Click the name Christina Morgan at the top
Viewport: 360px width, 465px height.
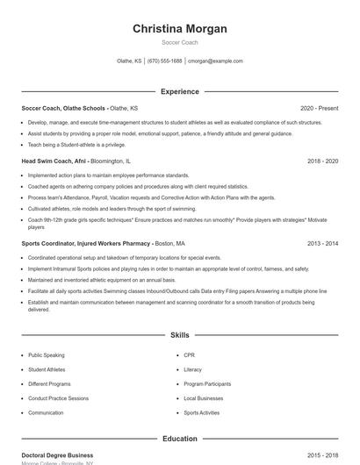pos(180,29)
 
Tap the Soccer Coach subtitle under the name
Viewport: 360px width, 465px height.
pos(180,43)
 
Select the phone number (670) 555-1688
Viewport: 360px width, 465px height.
pos(165,61)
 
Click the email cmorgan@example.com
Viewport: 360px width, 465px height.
pos(216,61)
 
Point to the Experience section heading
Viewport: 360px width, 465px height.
pos(180,91)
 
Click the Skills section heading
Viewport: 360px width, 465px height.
pos(180,335)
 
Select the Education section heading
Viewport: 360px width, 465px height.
pos(180,439)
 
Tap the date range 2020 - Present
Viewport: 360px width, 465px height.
pos(319,108)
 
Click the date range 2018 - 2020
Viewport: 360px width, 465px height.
pos(323,161)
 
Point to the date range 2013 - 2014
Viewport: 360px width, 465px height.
pos(323,243)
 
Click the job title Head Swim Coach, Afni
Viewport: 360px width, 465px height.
pos(54,161)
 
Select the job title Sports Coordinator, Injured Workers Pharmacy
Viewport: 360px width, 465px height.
pos(85,243)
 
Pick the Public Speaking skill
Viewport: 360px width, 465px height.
pos(47,355)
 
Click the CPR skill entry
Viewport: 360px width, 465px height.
pos(189,355)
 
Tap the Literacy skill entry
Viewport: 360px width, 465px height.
pos(192,369)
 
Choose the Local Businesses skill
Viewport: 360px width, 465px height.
pos(202,398)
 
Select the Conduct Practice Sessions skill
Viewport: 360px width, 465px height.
pos(58,398)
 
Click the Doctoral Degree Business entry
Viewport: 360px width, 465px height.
pos(57,455)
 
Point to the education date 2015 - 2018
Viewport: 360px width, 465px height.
pos(323,455)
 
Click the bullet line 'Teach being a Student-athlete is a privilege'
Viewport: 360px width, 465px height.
pos(76,145)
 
